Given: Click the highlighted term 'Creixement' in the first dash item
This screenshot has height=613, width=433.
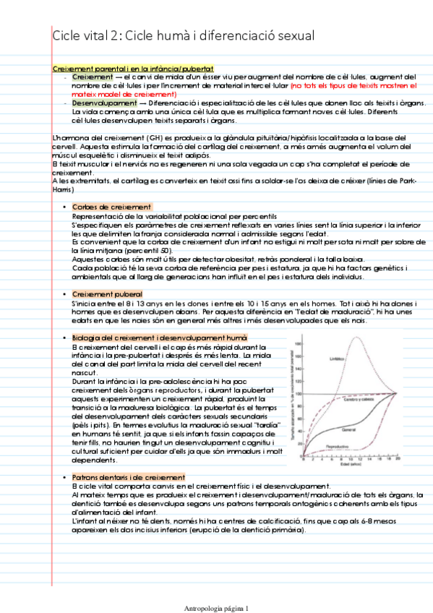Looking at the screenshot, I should [93, 77].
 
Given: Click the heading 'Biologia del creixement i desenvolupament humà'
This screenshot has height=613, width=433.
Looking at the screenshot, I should [160, 338].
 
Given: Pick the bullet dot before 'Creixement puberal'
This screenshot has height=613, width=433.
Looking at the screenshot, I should [64, 293].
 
